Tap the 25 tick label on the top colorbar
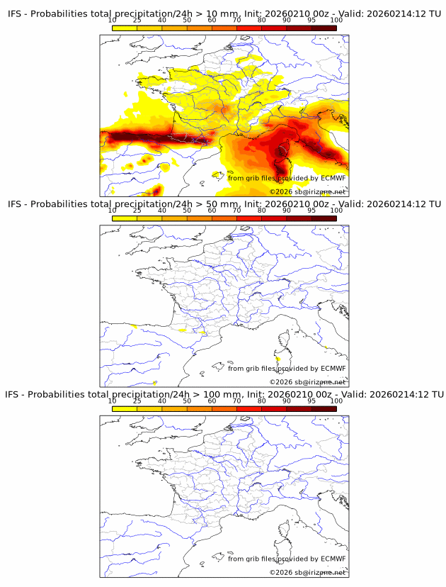(x=137, y=20)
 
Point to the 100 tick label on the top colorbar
(x=336, y=20)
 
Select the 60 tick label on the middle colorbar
(x=212, y=211)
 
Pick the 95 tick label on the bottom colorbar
(x=311, y=401)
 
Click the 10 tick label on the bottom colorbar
(x=113, y=401)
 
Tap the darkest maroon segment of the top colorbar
(x=324, y=28)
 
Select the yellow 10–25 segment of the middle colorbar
(x=125, y=218)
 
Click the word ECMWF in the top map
(x=333, y=178)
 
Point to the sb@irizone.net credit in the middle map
(x=321, y=382)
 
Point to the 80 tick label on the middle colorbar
(x=261, y=211)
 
